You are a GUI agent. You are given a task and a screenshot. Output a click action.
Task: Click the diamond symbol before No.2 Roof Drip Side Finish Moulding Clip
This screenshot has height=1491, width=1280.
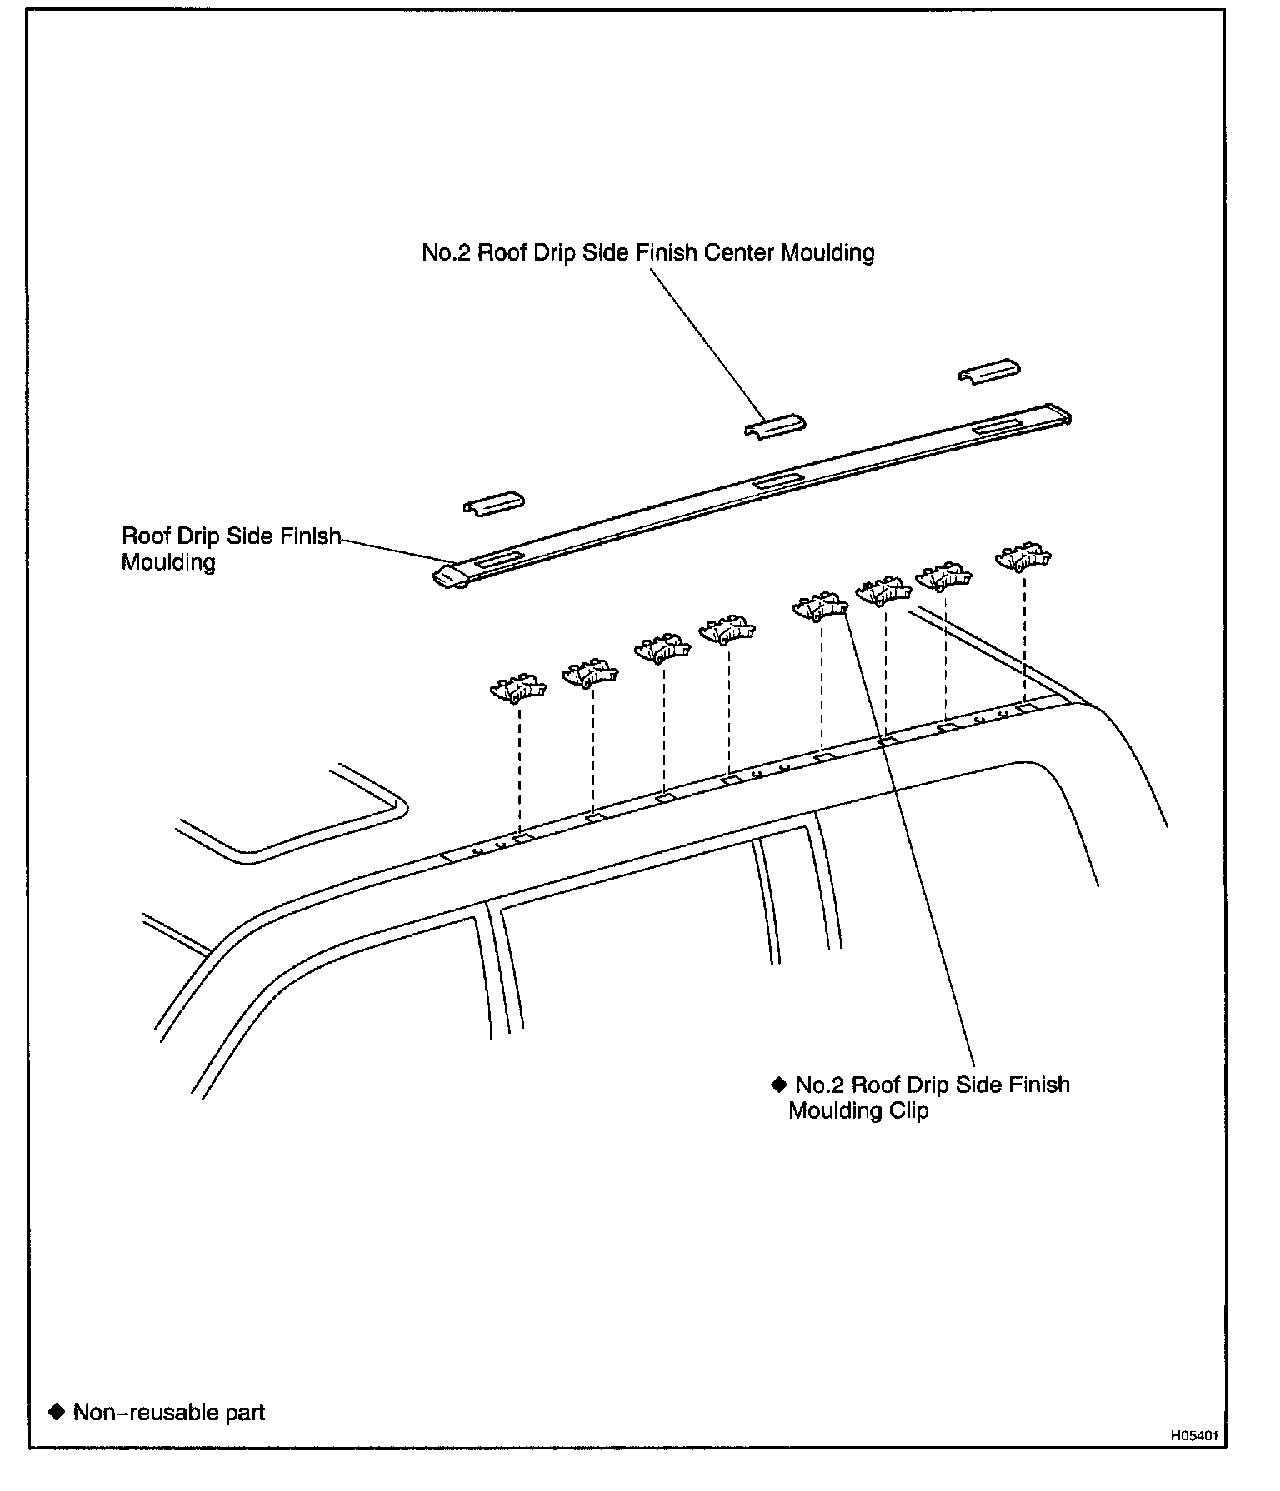tap(779, 1084)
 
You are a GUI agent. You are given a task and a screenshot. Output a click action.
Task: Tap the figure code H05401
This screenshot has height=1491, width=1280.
tap(1193, 1436)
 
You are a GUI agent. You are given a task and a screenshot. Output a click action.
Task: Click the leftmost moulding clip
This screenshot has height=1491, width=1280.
tap(517, 689)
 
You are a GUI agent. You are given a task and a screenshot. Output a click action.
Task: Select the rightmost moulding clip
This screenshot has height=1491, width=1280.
tap(1023, 558)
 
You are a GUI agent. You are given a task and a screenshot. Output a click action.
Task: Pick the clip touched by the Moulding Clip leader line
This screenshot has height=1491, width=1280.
tap(818, 607)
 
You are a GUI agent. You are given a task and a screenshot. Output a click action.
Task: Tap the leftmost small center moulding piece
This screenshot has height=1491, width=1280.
tap(493, 503)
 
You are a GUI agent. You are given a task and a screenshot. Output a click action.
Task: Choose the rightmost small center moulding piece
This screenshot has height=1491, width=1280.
tap(989, 372)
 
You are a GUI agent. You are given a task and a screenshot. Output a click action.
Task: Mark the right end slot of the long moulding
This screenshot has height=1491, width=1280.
tap(998, 427)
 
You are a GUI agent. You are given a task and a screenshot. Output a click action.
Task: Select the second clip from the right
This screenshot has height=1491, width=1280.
tap(944, 576)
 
